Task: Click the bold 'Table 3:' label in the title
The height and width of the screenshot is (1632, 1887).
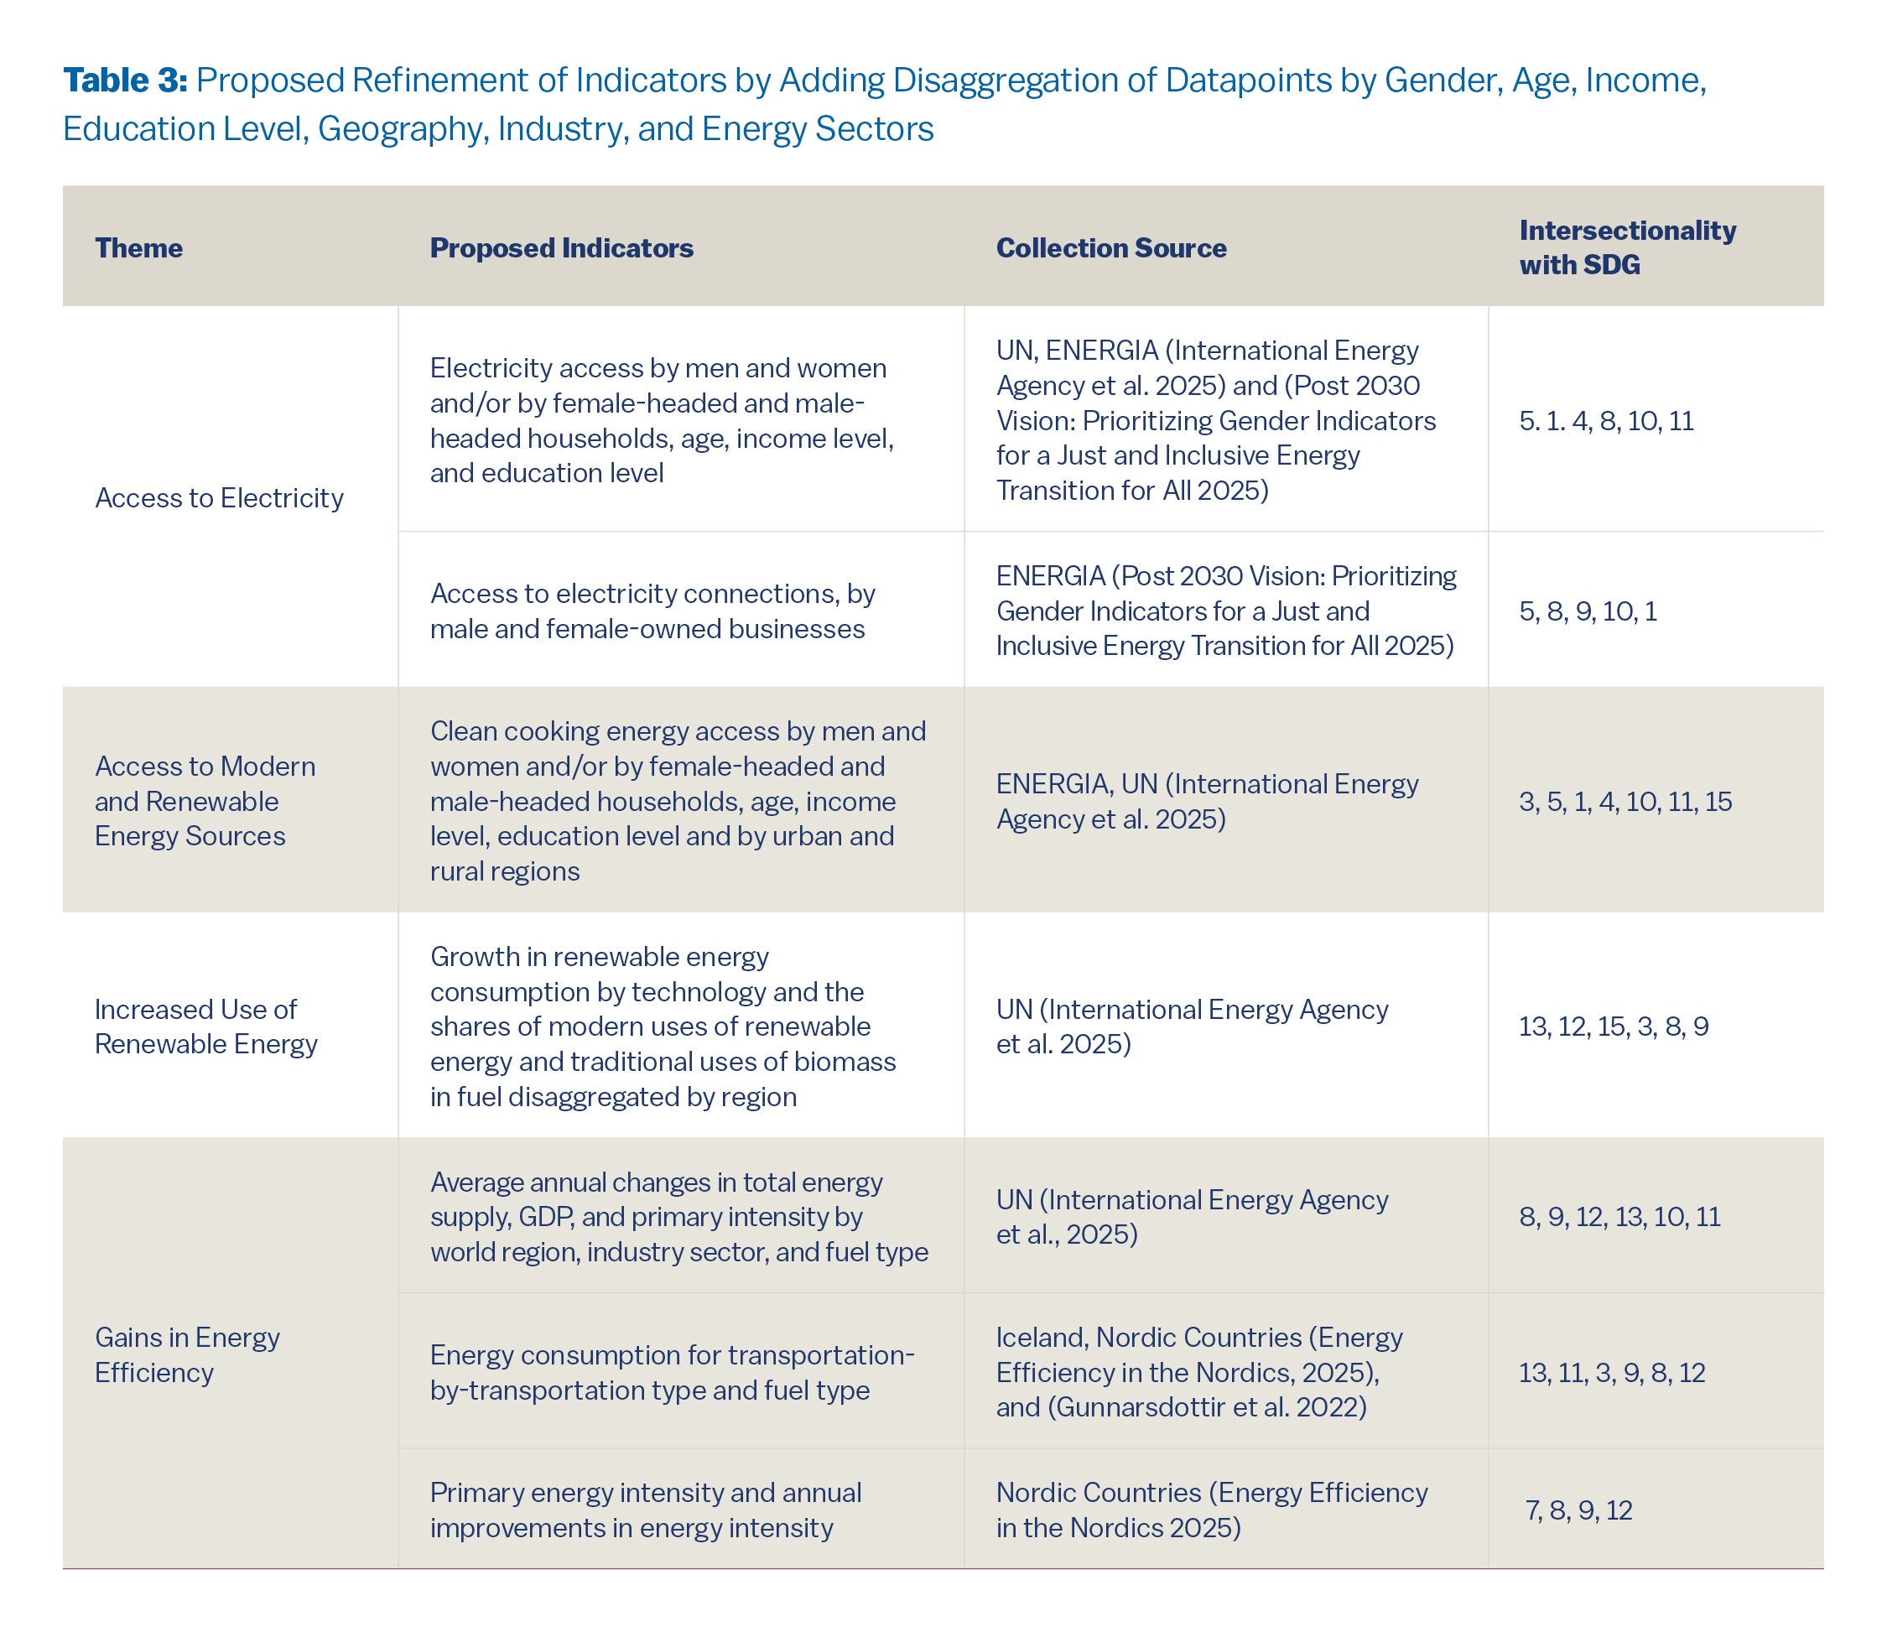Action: [x=125, y=81]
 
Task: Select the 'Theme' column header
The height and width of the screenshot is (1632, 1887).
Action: [x=138, y=247]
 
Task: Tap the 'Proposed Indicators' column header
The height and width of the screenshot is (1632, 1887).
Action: [x=561, y=247]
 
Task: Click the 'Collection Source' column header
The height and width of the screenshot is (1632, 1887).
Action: [x=1110, y=247]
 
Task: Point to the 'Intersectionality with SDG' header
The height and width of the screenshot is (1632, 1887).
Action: [x=1626, y=247]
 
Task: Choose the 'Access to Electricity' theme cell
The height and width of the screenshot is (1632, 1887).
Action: [x=219, y=497]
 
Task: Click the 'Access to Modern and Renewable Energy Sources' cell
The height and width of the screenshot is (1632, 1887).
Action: [x=205, y=801]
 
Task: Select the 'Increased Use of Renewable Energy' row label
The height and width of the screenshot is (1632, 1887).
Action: [x=205, y=1026]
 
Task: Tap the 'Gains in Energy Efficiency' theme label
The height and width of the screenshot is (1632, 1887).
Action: [x=187, y=1354]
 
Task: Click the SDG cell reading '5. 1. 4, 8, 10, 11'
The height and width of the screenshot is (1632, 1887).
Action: [x=1605, y=421]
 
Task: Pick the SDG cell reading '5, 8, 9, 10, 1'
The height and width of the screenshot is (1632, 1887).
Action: [x=1588, y=611]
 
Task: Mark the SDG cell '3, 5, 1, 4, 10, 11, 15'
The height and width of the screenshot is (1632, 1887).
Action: [x=1624, y=802]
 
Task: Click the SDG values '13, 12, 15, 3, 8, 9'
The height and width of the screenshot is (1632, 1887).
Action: [x=1613, y=1026]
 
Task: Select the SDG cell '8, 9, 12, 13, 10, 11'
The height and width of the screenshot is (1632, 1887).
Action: [x=1619, y=1217]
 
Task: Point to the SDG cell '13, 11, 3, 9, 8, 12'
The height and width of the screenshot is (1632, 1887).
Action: [x=1611, y=1373]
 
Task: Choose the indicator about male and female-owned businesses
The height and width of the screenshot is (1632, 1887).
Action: [x=652, y=611]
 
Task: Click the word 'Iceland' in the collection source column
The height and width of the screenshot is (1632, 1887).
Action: [x=1040, y=1337]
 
